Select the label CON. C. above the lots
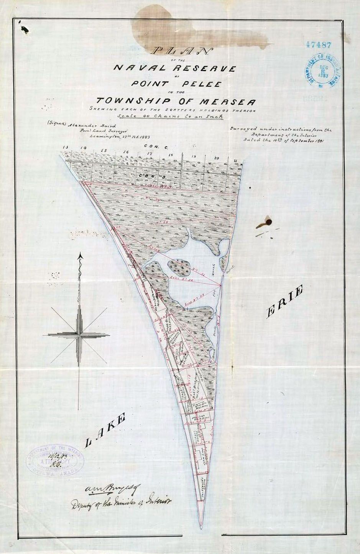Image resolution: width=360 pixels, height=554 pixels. coord(153,146)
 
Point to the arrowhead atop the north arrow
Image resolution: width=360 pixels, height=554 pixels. coord(80,256)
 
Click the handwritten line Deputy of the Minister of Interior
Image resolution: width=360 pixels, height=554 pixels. coord(122,502)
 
